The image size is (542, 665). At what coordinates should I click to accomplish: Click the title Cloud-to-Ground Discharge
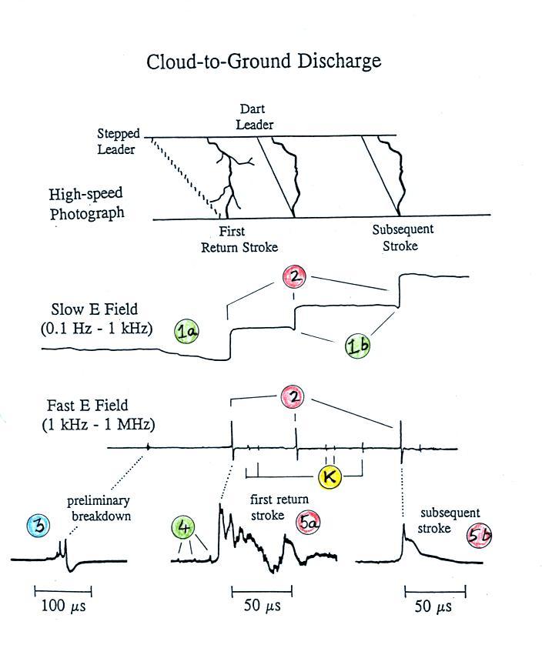263,62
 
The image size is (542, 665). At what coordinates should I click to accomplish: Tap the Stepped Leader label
118,142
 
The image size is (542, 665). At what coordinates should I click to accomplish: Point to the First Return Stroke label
239,239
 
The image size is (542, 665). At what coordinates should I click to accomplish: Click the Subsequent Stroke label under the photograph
403,237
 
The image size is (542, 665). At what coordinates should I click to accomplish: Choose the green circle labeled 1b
358,346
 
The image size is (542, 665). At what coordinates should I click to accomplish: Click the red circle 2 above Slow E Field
294,276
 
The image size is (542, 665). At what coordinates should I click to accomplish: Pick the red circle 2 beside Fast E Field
293,397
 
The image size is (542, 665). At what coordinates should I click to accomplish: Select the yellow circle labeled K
330,476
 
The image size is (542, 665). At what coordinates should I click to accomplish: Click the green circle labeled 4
185,527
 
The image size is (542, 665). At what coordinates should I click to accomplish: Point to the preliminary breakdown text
99,507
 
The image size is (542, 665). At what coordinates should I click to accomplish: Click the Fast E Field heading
92,414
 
